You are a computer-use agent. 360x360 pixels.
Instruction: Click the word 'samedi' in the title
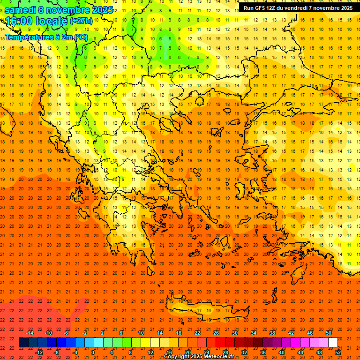(20, 10)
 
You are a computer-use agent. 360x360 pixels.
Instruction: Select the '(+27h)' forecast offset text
(81, 21)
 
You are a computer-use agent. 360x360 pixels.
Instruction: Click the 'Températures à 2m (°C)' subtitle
(46, 37)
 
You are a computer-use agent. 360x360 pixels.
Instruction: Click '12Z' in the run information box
(274, 8)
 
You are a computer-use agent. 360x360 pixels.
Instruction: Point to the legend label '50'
(329, 333)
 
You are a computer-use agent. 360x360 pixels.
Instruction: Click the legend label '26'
(216, 333)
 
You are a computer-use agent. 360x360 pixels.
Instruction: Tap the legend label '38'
(272, 333)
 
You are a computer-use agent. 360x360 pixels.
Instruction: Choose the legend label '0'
(93, 352)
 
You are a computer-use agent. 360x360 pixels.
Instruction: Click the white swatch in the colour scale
(333, 343)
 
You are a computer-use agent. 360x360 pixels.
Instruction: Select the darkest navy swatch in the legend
(24, 343)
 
